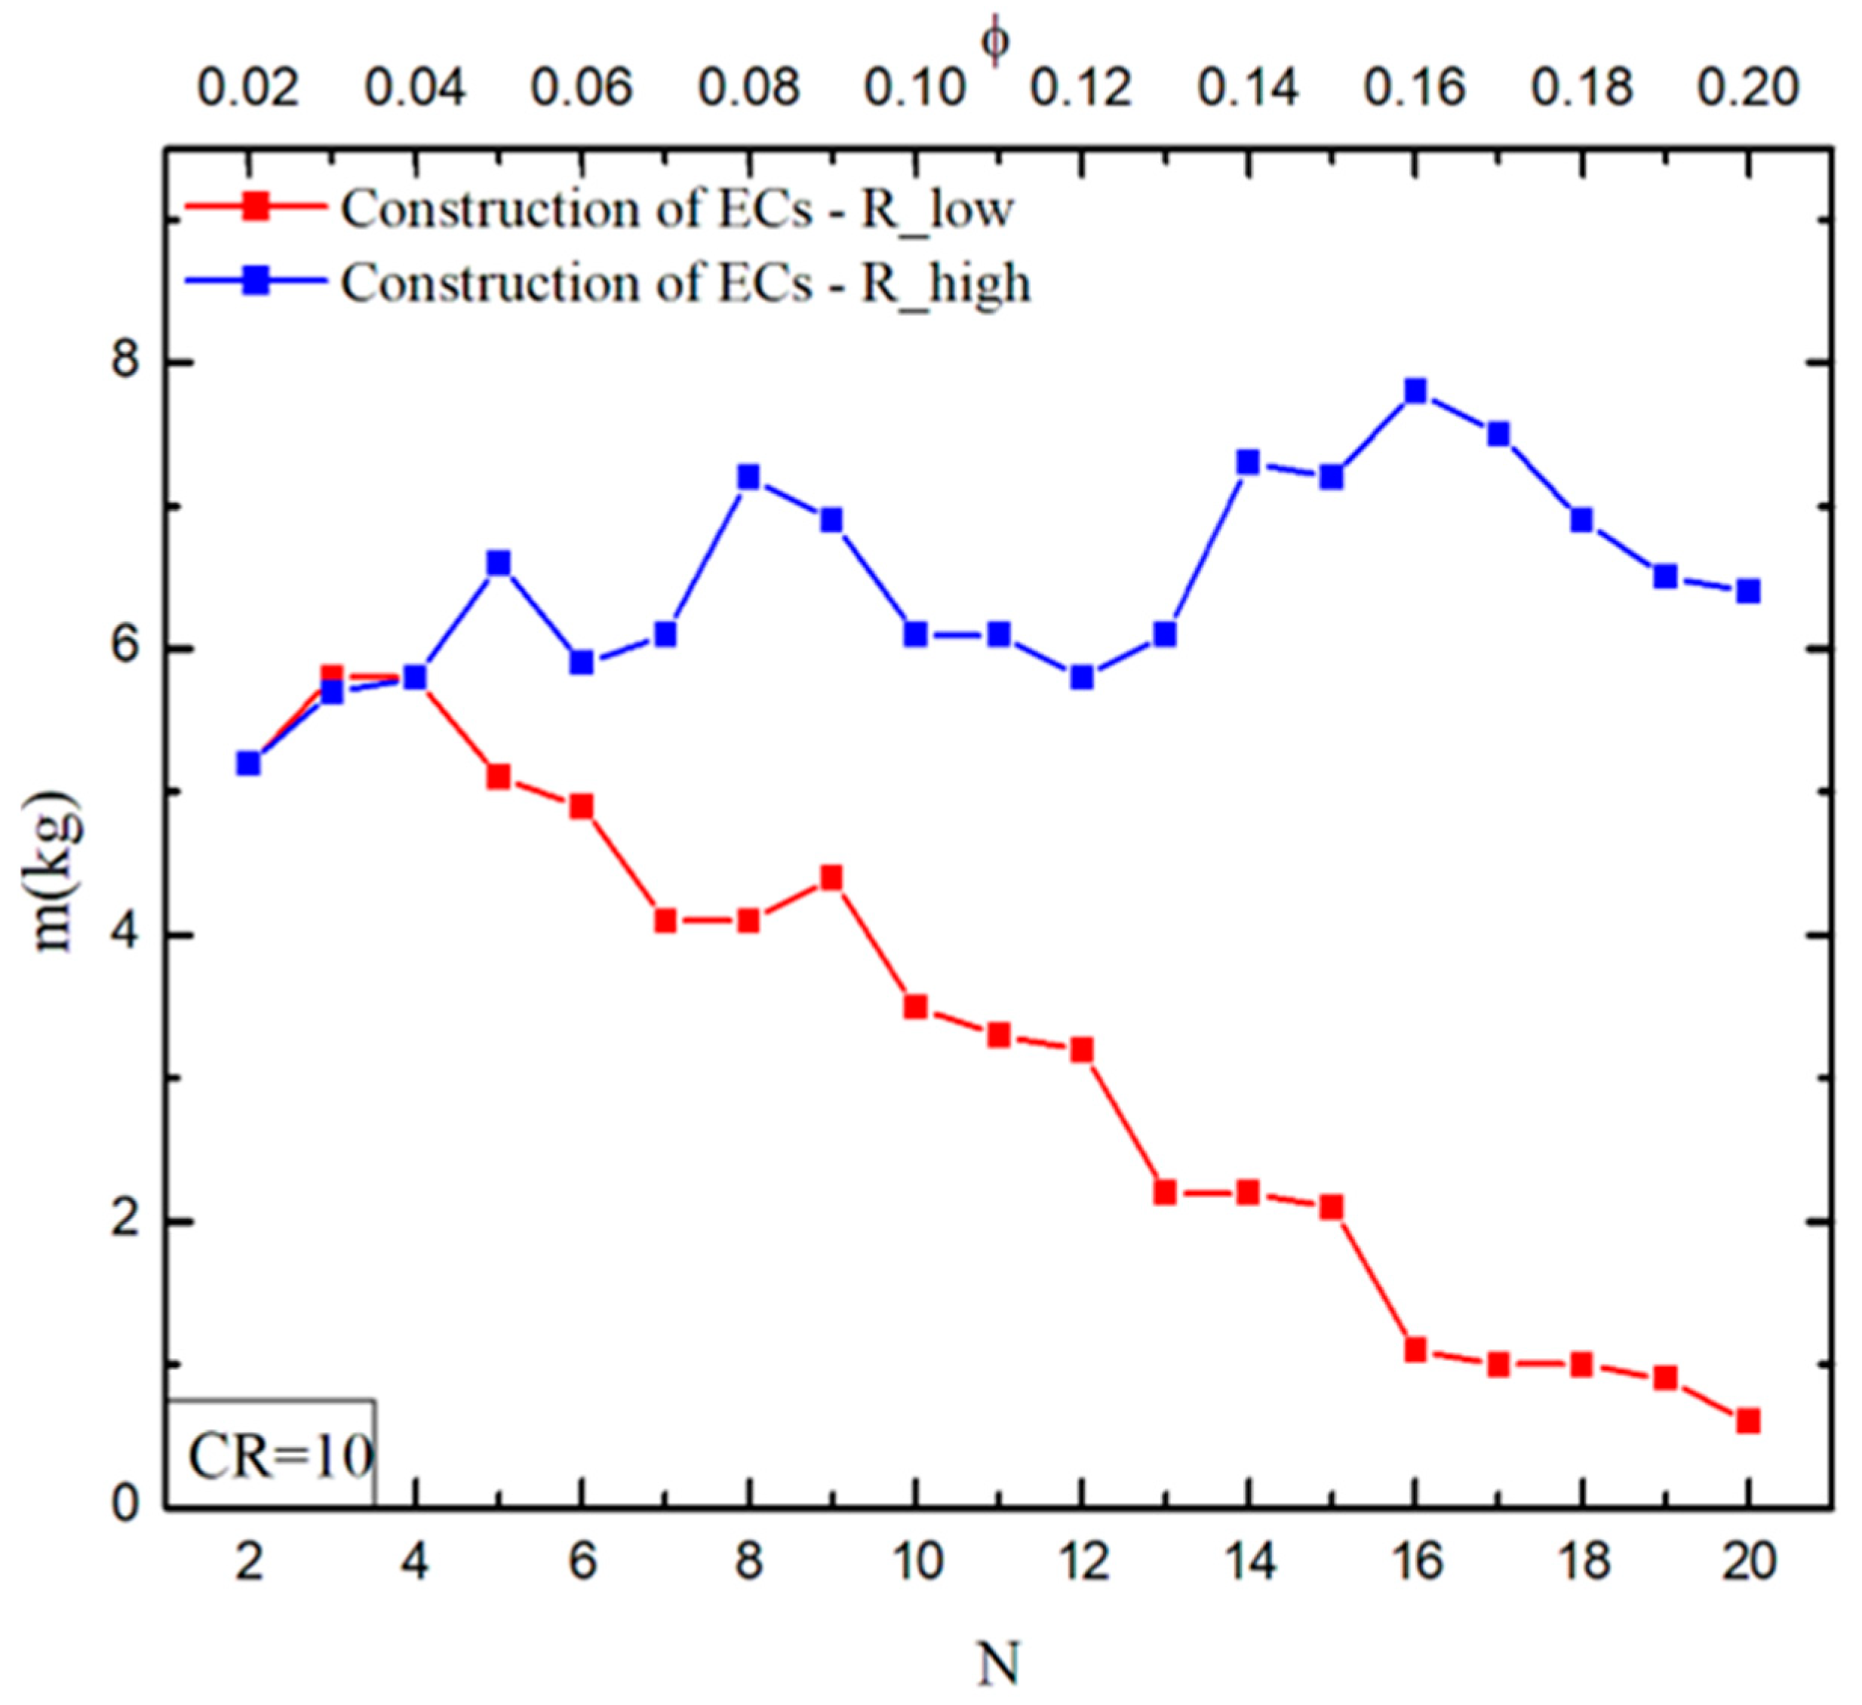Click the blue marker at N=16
pos(1415,391)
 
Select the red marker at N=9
pos(831,877)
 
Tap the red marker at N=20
pos(1747,1421)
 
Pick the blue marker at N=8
pos(748,477)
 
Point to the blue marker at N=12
pos(1082,677)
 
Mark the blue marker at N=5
pos(499,563)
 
